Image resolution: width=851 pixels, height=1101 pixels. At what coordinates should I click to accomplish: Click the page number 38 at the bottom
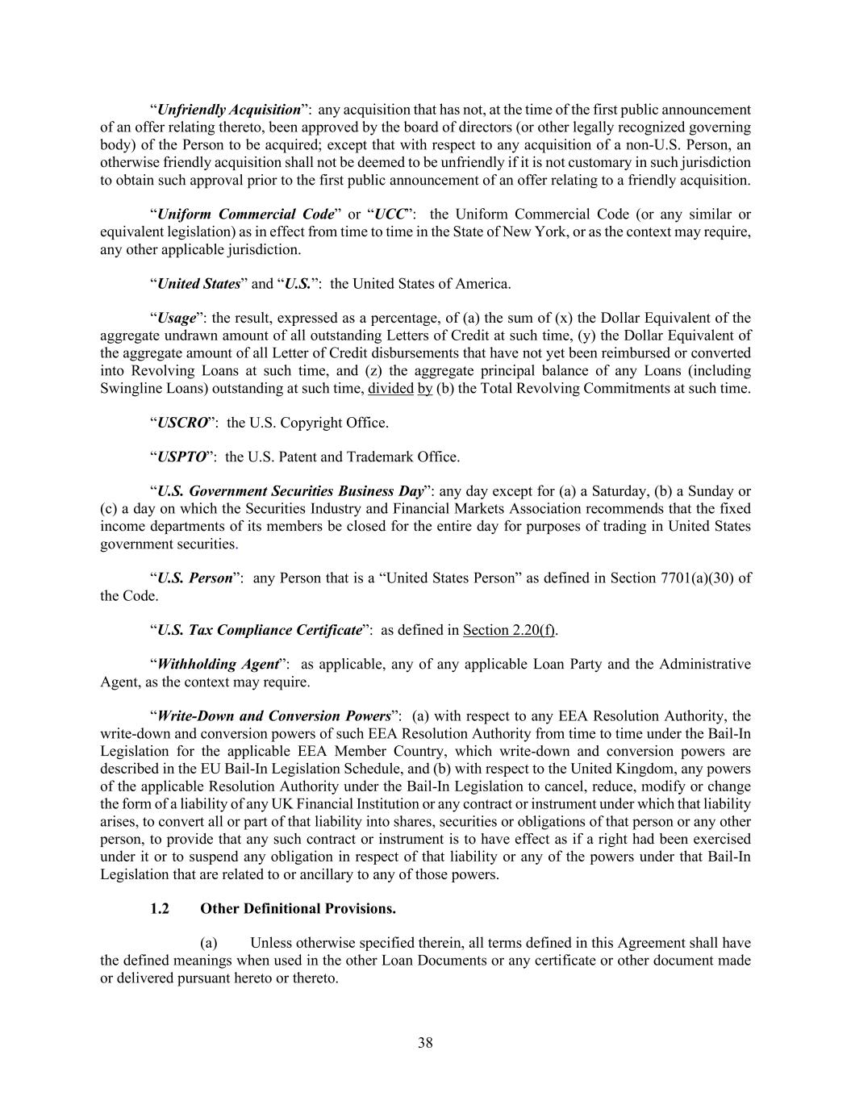point(425,1043)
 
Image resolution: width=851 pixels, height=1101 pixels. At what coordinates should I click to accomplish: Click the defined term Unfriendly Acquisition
point(228,110)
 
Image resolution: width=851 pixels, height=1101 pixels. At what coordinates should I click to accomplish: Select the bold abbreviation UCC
point(391,215)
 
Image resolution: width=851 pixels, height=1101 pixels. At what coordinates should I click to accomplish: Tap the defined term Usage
point(177,318)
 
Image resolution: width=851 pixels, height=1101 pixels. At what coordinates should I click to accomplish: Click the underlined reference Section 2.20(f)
point(509,630)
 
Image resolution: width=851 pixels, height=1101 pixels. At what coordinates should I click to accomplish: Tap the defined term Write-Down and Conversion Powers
point(273,716)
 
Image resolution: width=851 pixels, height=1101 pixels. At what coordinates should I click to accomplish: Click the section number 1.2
point(160,909)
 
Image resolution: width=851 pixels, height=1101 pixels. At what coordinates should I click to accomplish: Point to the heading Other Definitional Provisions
point(298,909)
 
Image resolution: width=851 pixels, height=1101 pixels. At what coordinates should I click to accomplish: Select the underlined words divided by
point(400,388)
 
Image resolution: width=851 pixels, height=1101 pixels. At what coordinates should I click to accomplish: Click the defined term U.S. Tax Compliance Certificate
point(259,630)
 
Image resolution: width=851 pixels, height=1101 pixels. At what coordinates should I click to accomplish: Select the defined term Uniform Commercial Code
point(245,215)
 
